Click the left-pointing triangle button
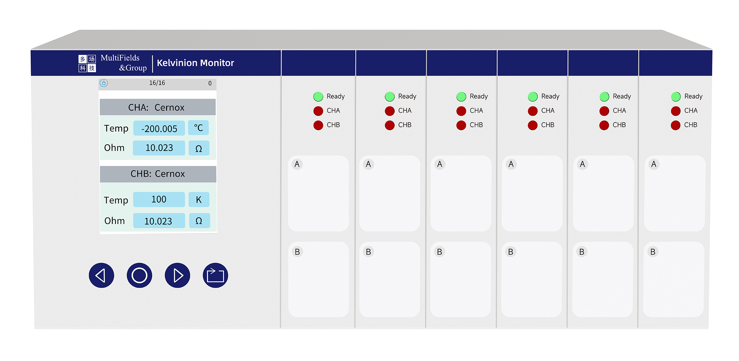(101, 275)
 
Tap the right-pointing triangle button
(177, 275)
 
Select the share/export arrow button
(215, 275)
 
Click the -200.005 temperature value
(159, 128)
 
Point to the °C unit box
(198, 128)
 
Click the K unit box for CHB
(199, 200)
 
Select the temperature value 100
(159, 199)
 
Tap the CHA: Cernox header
(157, 107)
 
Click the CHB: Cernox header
(158, 174)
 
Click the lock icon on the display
(104, 83)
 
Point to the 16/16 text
(157, 83)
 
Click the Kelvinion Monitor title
(195, 63)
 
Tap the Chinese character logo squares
(87, 63)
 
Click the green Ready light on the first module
(318, 96)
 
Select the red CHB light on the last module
(675, 125)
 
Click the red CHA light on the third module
(461, 111)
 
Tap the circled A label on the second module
(368, 164)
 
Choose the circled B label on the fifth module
(582, 252)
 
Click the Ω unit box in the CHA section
(199, 148)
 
